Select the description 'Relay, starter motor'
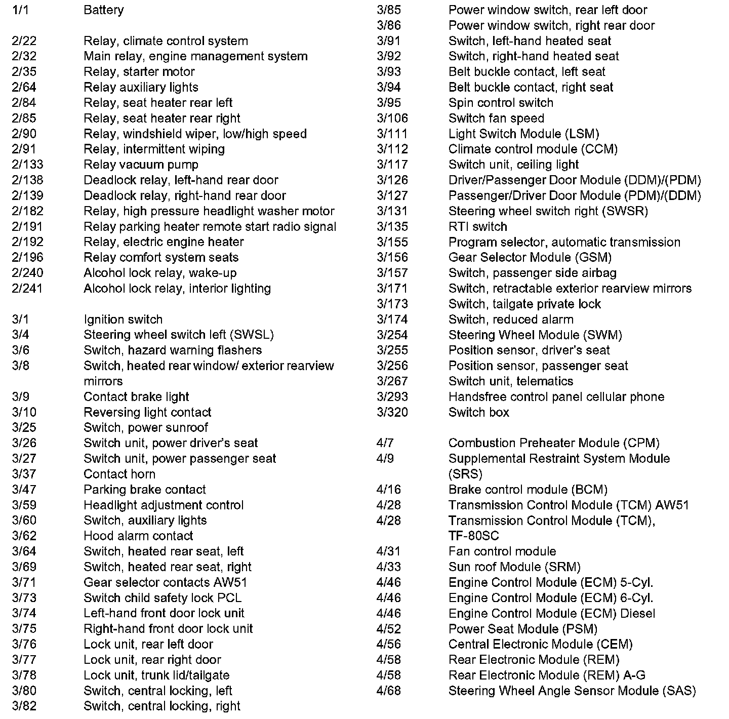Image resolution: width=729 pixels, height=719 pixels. click(139, 72)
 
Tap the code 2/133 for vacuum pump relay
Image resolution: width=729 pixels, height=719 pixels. click(27, 165)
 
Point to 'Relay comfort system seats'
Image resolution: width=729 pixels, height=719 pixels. click(161, 257)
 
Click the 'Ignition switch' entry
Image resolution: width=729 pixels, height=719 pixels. click(123, 319)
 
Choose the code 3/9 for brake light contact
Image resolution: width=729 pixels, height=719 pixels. click(20, 397)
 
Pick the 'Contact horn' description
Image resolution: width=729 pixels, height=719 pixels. click(119, 474)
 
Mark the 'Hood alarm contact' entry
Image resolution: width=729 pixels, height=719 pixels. click(138, 536)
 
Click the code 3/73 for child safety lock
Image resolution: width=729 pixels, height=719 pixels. click(24, 598)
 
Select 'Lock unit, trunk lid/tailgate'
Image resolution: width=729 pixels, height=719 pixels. click(156, 675)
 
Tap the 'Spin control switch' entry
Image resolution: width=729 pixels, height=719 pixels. click(501, 103)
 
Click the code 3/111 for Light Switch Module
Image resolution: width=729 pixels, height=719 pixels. click(392, 134)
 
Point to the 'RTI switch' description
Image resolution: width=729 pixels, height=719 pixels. click(477, 226)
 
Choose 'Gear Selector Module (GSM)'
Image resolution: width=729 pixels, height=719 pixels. click(530, 257)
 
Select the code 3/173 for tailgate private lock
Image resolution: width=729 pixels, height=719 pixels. click(392, 304)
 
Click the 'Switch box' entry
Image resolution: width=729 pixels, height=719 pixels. click(478, 412)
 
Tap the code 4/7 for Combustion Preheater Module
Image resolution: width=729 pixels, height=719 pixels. click(385, 443)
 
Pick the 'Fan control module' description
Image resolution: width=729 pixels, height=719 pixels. click(502, 551)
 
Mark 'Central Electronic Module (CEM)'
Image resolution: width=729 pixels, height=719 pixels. click(540, 645)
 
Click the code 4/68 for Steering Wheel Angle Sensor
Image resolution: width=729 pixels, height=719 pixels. click(388, 691)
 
